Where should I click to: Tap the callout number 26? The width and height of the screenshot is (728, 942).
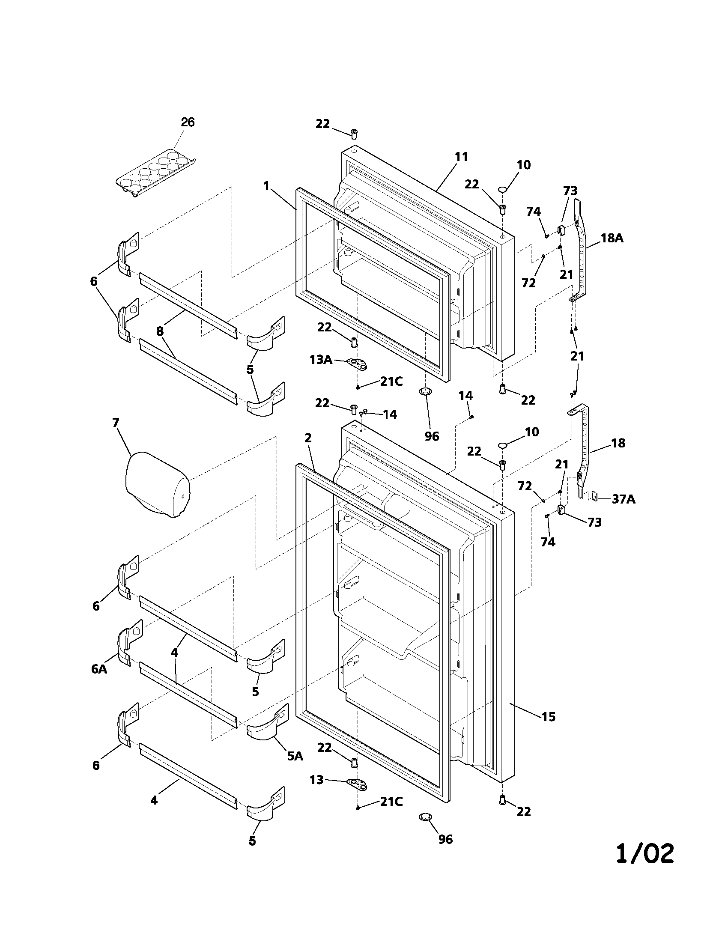coord(188,122)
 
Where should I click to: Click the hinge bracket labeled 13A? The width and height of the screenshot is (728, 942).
coord(358,364)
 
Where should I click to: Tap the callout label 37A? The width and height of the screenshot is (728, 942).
coord(623,499)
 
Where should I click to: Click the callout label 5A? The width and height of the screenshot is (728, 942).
coord(295,756)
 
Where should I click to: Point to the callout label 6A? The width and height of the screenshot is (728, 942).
coord(99,669)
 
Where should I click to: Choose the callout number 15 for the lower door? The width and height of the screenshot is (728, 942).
coord(548,717)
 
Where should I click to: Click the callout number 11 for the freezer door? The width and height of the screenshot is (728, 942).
coord(461,157)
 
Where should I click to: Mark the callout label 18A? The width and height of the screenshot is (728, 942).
coord(612,238)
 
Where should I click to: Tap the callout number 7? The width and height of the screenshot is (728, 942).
coord(115,422)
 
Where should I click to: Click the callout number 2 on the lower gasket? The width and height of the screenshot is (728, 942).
coord(307,438)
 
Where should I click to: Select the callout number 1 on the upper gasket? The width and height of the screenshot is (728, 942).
coord(266,186)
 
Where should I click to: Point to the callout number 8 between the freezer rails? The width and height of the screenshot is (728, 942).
coord(160,331)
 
